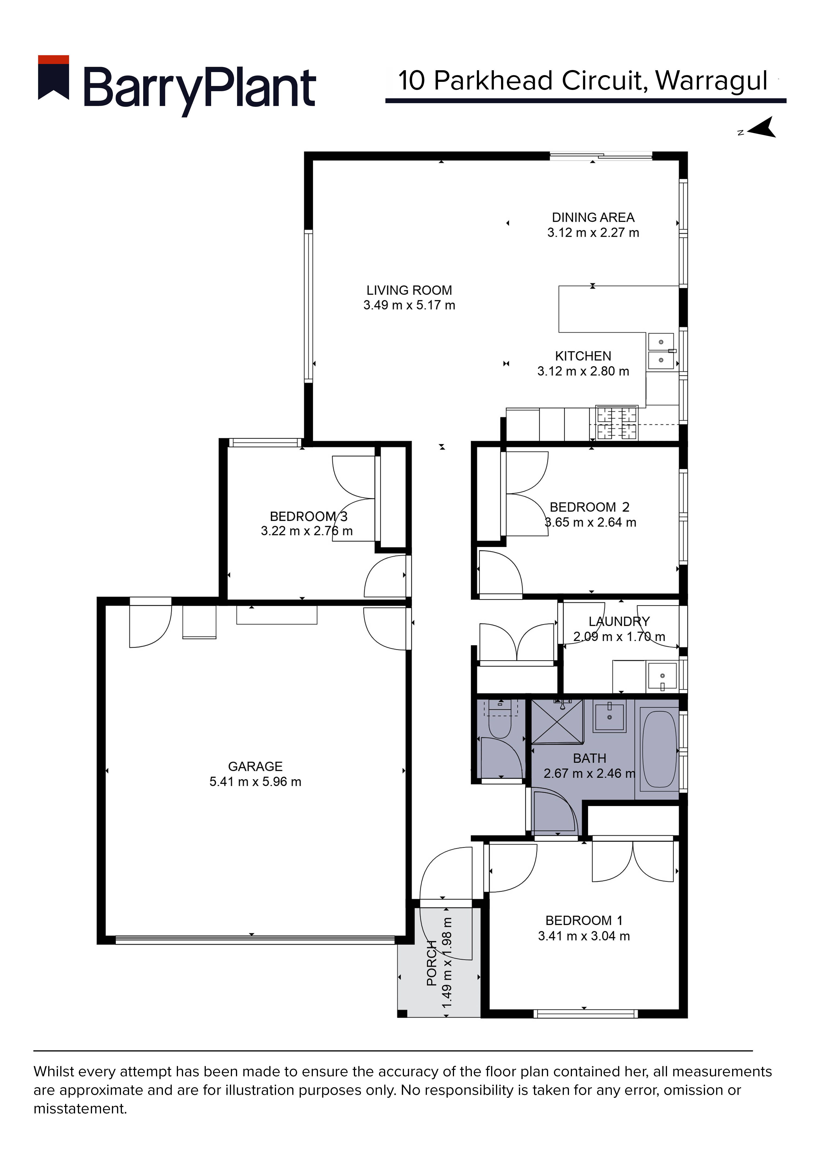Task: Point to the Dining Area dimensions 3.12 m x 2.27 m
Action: (593, 233)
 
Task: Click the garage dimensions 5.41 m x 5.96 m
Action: (255, 782)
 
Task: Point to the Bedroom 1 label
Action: (584, 921)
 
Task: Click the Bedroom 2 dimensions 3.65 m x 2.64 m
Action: (591, 522)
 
